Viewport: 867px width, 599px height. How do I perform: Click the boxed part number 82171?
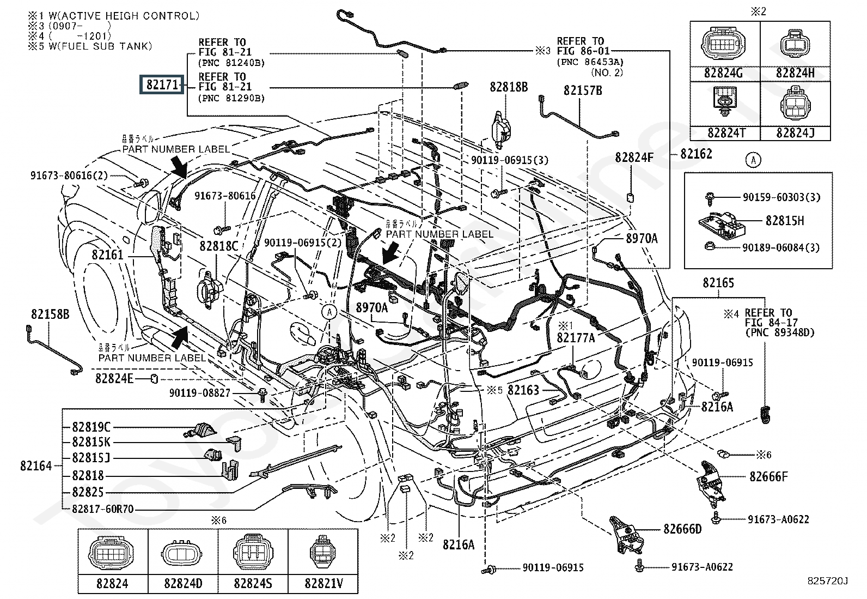[x=162, y=85]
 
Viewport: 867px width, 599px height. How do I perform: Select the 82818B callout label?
[x=508, y=87]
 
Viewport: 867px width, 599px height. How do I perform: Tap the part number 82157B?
[x=583, y=90]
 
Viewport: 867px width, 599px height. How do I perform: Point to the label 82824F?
[x=634, y=158]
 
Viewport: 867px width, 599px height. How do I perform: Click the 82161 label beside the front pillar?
[x=107, y=255]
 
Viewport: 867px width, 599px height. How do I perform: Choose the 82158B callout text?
[x=50, y=314]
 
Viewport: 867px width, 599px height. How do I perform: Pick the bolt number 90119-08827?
[x=200, y=392]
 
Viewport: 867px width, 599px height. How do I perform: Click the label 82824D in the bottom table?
[x=183, y=584]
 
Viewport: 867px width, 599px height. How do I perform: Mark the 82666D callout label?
[x=682, y=529]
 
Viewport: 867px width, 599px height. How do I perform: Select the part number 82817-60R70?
[x=103, y=509]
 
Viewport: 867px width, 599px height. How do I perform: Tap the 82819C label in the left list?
[x=91, y=427]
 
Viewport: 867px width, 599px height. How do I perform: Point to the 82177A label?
[x=576, y=338]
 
